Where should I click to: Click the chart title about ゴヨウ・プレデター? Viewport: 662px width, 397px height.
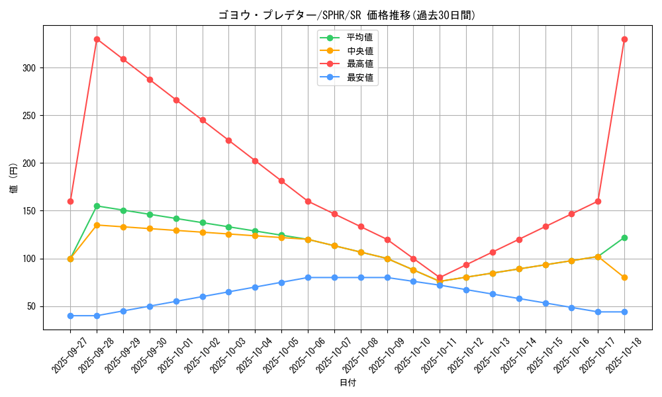[347, 15]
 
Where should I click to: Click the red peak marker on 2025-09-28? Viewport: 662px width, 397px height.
[97, 39]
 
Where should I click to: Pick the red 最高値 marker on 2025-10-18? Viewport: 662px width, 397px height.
[624, 39]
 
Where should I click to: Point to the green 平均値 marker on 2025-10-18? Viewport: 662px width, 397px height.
[624, 238]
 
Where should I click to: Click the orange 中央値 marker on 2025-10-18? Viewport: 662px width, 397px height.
[624, 277]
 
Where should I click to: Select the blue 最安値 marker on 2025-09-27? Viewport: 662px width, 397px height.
[70, 316]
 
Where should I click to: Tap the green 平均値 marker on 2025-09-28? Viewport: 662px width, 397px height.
[97, 206]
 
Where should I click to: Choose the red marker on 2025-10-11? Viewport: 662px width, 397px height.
[440, 278]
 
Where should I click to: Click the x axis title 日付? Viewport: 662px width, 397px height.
[348, 383]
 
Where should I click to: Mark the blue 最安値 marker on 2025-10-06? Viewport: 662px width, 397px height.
[308, 277]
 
